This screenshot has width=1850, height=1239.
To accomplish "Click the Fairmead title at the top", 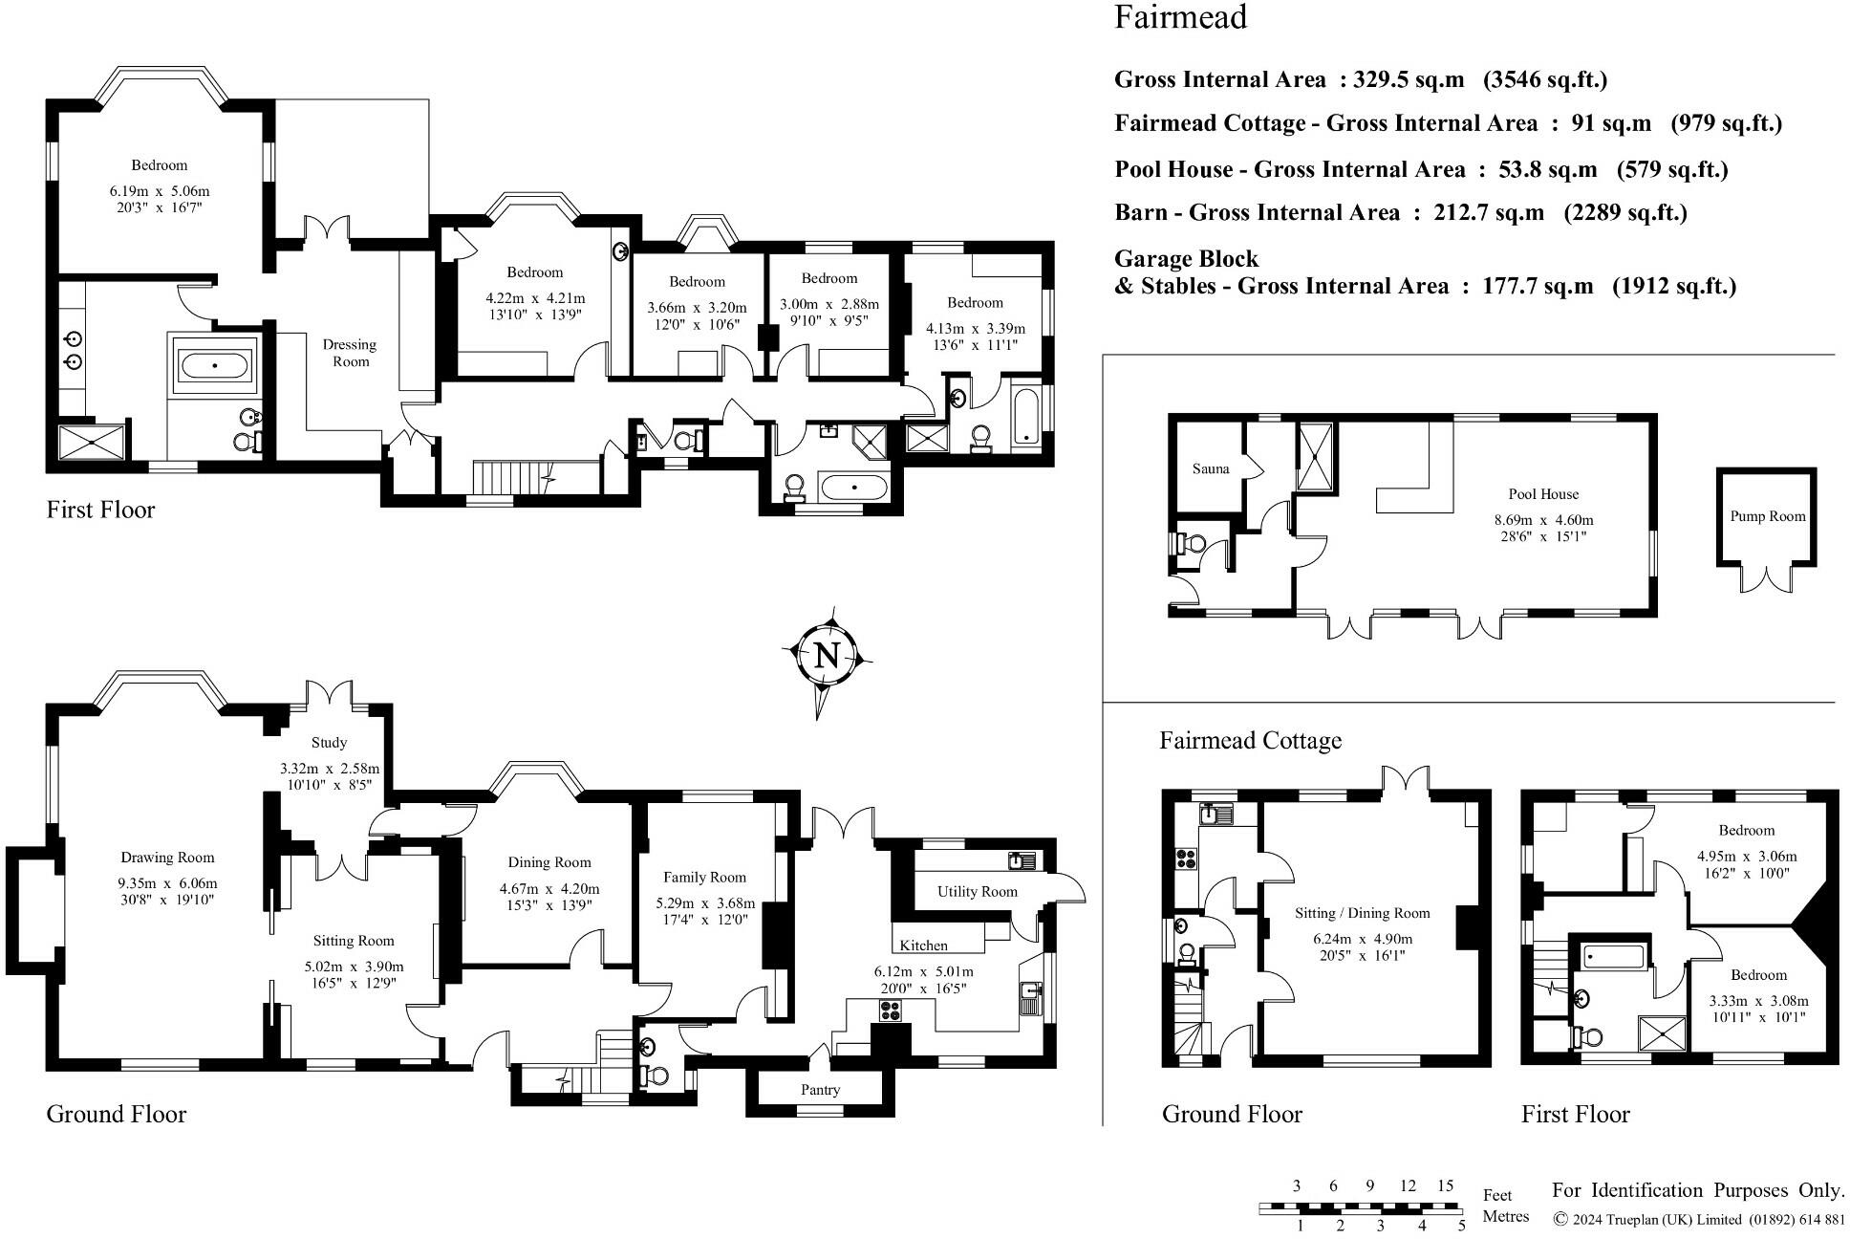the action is pos(1180,17).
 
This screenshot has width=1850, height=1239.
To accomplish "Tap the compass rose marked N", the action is pos(827,657).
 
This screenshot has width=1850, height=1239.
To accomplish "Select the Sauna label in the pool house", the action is pos(1211,468).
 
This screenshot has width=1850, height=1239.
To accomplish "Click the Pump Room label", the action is pos(1768,516).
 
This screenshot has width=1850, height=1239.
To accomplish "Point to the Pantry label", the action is pos(821,1090).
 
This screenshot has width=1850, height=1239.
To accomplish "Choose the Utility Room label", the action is pos(978,892).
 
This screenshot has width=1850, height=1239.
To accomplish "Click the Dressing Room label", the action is pos(351,353).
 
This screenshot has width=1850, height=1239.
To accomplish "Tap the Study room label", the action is pos(329,743).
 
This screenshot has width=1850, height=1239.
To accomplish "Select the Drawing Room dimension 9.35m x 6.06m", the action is pos(168,883).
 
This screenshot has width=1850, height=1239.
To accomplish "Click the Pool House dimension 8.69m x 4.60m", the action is pos(1544,520).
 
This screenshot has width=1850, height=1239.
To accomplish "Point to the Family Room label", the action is pos(705,878).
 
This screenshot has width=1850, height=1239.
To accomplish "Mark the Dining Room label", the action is pos(549,862).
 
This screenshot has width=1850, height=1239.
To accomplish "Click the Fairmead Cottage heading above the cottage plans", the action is pos(1251,741).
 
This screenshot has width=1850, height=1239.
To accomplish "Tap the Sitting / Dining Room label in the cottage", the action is pos(1363,913).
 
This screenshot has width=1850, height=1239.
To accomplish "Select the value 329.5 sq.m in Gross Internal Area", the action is pos(1409,79).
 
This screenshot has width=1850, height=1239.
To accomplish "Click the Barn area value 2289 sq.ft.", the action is pos(1625,212).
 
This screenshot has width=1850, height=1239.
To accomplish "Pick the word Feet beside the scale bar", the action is pos(1497,1195).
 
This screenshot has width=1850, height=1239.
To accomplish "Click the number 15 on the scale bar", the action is pos(1445,1185).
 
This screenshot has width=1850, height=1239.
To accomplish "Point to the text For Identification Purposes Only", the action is pos(1698,1190).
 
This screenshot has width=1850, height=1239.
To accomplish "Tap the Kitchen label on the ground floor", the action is pos(923,946).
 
